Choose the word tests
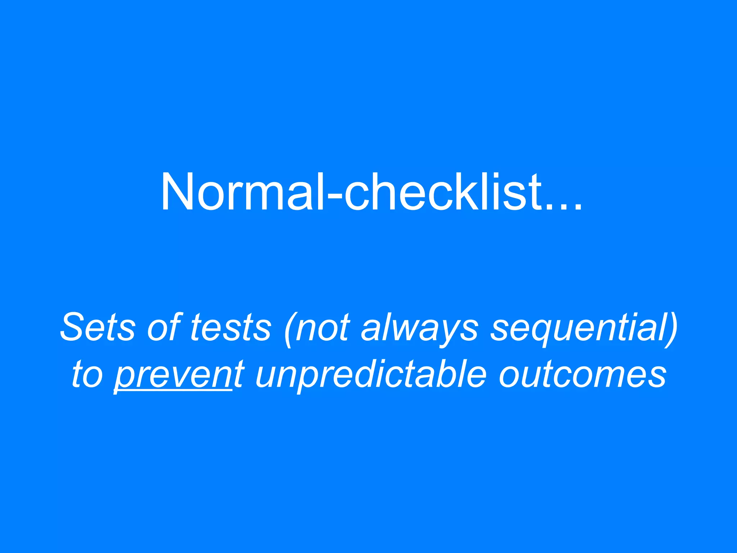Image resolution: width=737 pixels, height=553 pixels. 230,328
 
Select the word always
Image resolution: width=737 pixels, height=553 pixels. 420,329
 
